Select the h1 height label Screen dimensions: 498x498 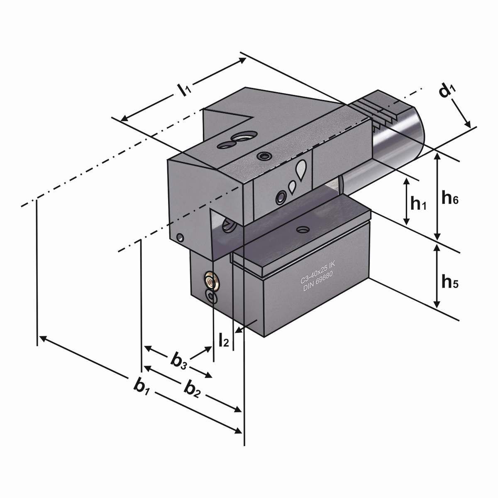point(418,203)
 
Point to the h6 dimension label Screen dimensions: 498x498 point(450,199)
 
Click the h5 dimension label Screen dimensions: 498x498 point(450,283)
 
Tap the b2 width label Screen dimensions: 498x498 point(193,389)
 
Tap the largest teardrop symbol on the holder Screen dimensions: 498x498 point(301,169)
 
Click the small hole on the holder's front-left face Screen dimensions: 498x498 point(180,238)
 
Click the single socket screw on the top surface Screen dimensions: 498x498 point(263,156)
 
